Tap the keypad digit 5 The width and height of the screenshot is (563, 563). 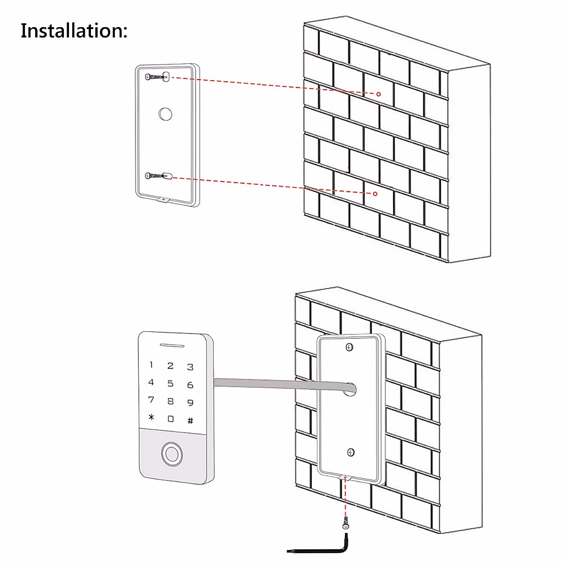coord(170,384)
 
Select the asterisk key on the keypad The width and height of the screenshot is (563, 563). coord(151,417)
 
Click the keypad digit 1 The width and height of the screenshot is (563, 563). coord(151,365)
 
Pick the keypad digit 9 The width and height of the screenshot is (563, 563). coord(190,403)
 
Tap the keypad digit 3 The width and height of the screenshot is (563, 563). coord(190,367)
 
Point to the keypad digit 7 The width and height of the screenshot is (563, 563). coord(151,400)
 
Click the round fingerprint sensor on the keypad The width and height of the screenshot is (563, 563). coord(171,454)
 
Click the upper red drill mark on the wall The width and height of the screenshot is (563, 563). coord(379,94)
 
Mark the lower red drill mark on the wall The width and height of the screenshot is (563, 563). coord(375,193)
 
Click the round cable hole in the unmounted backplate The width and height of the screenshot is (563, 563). coord(165,114)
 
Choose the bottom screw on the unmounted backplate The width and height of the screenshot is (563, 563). coord(156,176)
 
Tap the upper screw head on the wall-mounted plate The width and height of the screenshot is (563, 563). coord(349,347)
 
